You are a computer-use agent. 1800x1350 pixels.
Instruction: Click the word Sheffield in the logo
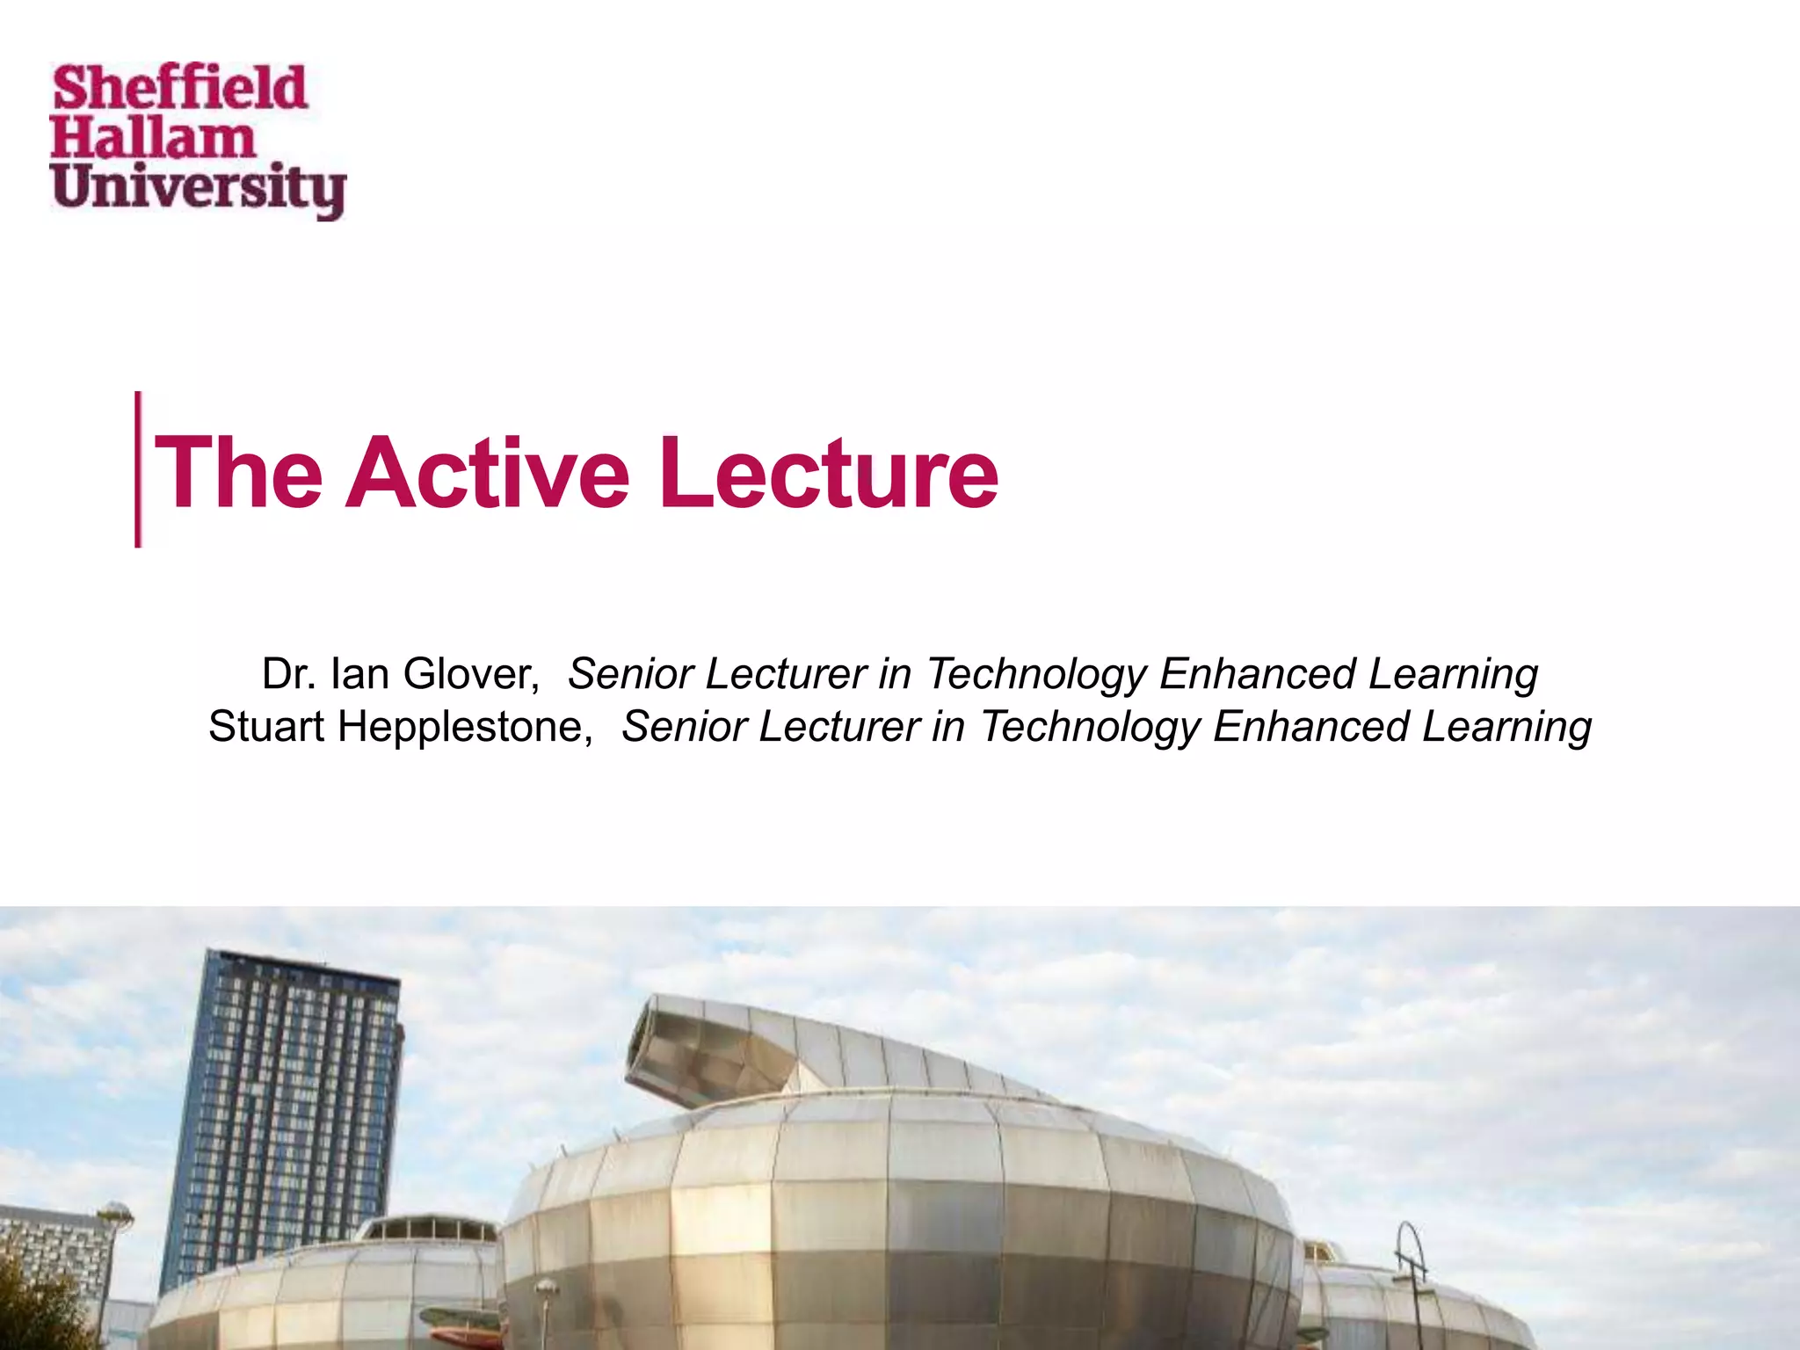pos(179,88)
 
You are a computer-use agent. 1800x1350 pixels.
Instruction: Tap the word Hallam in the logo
pos(151,139)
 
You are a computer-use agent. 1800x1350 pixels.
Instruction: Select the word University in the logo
pos(199,190)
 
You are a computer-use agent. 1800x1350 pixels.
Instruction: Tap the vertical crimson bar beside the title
pos(138,469)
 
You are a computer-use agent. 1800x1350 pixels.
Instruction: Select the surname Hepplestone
pos(465,727)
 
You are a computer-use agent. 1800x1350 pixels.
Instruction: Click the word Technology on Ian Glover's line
pos(1036,674)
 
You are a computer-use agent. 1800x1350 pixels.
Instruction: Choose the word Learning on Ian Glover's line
pos(1453,674)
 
